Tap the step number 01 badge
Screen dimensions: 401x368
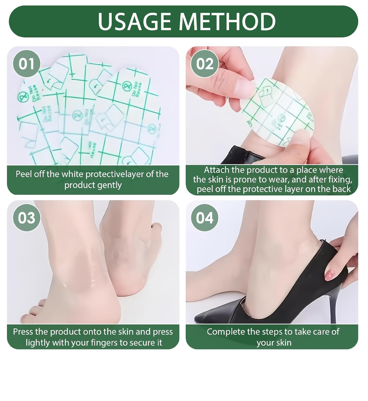point(26,64)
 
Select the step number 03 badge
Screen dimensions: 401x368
point(26,217)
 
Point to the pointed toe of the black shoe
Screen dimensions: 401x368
point(202,318)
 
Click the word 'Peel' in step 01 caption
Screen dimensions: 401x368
point(24,174)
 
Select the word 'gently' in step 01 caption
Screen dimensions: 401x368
point(109,185)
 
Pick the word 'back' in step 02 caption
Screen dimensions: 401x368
point(341,189)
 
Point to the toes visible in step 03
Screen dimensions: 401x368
point(34,311)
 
